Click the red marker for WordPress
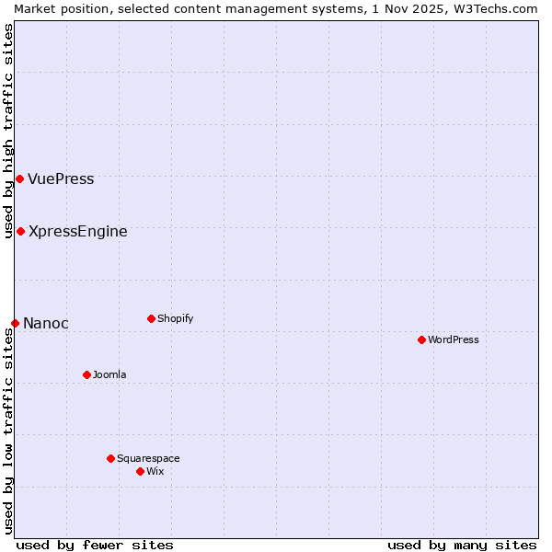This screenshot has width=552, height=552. pyautogui.click(x=421, y=339)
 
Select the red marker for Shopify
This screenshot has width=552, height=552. pyautogui.click(x=151, y=318)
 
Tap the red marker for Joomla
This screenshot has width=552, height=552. pyautogui.click(x=86, y=374)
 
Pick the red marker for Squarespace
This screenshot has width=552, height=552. pyautogui.click(x=110, y=458)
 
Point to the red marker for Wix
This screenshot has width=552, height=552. pyautogui.click(x=140, y=471)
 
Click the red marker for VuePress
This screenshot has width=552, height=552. pyautogui.click(x=19, y=178)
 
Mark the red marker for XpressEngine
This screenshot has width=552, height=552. pyautogui.click(x=20, y=231)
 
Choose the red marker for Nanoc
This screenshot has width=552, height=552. pyautogui.click(x=15, y=323)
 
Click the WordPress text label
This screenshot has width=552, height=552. pyautogui.click(x=454, y=340)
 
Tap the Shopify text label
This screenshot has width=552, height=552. pyautogui.click(x=176, y=319)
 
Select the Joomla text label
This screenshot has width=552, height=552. pyautogui.click(x=109, y=375)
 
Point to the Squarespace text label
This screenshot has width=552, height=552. pyautogui.click(x=148, y=459)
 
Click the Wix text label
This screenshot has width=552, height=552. pyautogui.click(x=155, y=472)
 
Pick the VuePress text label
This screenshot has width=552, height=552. pyautogui.click(x=61, y=179)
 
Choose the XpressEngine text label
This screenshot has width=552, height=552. pyautogui.click(x=78, y=232)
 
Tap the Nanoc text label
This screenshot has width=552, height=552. pyautogui.click(x=46, y=324)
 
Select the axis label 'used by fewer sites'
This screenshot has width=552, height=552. pyautogui.click(x=95, y=545)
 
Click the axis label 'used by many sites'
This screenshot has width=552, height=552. pyautogui.click(x=462, y=545)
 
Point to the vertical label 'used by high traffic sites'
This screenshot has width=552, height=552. pyautogui.click(x=8, y=131)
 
